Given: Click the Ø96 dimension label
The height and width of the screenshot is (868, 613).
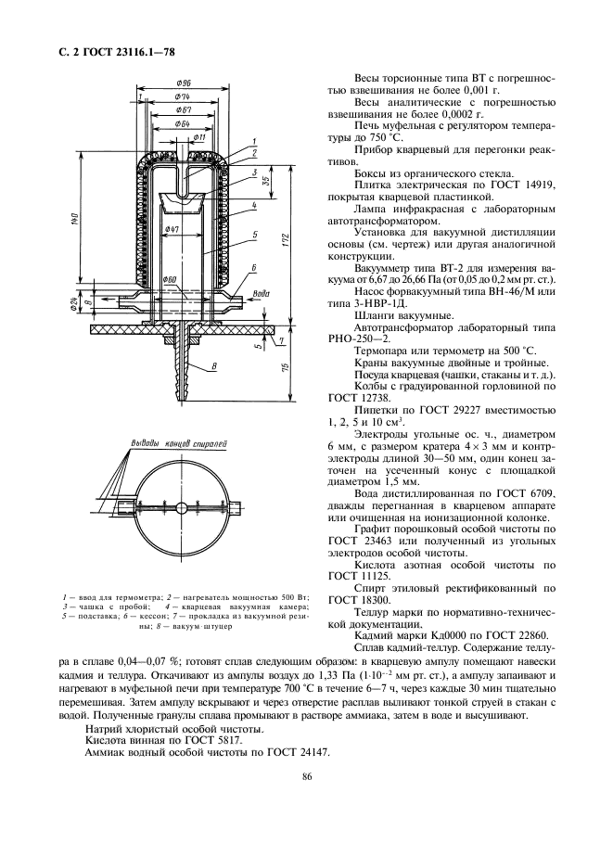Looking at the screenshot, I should click(194, 83).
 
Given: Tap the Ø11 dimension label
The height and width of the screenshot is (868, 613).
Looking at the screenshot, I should click(198, 137).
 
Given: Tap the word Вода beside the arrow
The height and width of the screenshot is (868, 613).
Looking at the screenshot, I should click(263, 294).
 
